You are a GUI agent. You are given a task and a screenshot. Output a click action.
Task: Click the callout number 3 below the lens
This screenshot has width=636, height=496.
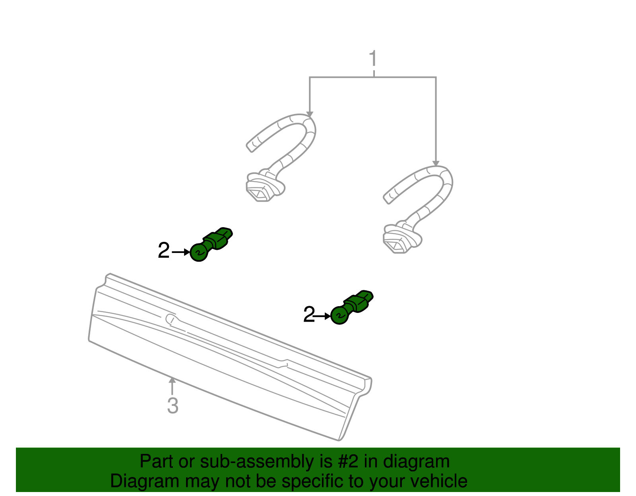(x=173, y=405)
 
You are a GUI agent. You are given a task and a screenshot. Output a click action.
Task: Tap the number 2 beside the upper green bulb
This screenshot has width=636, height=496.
(x=164, y=250)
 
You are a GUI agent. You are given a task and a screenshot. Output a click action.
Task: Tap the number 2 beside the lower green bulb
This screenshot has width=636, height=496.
(x=309, y=315)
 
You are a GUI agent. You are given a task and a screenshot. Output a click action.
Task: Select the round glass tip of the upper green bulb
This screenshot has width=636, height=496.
(x=199, y=253)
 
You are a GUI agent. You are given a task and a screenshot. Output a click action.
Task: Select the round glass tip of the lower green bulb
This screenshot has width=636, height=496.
(x=339, y=316)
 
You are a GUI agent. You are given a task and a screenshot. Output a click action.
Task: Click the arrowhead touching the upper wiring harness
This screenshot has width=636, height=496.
(x=310, y=114)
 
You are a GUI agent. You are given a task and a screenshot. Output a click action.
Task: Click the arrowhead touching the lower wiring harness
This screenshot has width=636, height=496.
(x=436, y=163)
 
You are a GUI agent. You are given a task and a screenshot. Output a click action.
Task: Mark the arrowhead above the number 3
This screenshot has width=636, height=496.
(x=172, y=380)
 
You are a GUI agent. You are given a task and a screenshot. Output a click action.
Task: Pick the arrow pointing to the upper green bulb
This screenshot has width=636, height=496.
(x=181, y=252)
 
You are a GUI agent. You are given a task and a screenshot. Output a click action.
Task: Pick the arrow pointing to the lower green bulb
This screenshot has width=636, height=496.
(x=322, y=316)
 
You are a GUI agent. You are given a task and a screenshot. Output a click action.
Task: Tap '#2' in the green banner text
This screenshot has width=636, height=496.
(x=348, y=461)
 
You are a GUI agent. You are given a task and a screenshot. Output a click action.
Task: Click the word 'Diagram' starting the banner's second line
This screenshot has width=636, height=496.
(x=145, y=481)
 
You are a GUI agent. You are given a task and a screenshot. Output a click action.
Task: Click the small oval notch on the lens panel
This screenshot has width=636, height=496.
(x=171, y=319)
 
